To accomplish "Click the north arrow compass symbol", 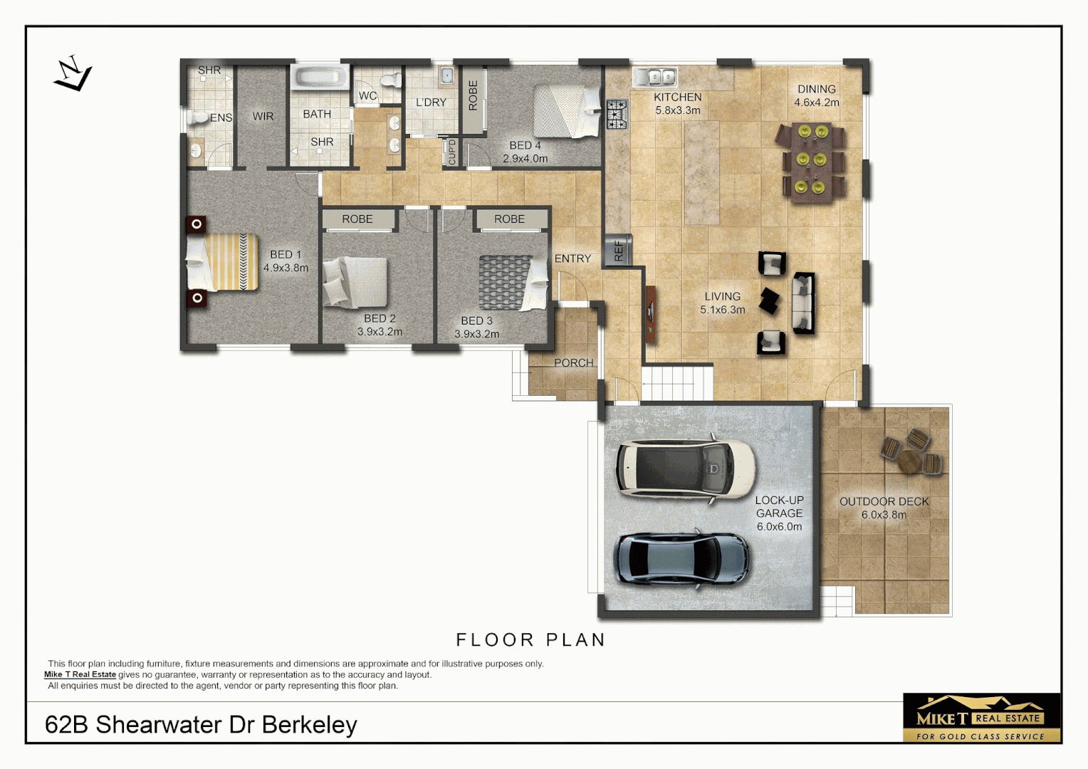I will [x=73, y=74].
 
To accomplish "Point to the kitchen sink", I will [x=656, y=75].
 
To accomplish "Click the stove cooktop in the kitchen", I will [x=617, y=114].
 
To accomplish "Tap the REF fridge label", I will [x=618, y=250].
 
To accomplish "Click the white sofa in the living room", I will [x=803, y=303].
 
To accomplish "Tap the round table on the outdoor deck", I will [x=909, y=461].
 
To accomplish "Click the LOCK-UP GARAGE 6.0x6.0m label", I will [x=779, y=513].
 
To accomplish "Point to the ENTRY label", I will [x=572, y=258].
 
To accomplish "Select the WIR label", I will [x=263, y=116].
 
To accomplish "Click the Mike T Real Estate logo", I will [x=981, y=718].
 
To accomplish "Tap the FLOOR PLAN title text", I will [x=530, y=640].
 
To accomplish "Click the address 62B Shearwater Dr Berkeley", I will [x=201, y=724].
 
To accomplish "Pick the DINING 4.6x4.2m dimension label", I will [x=817, y=95].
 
